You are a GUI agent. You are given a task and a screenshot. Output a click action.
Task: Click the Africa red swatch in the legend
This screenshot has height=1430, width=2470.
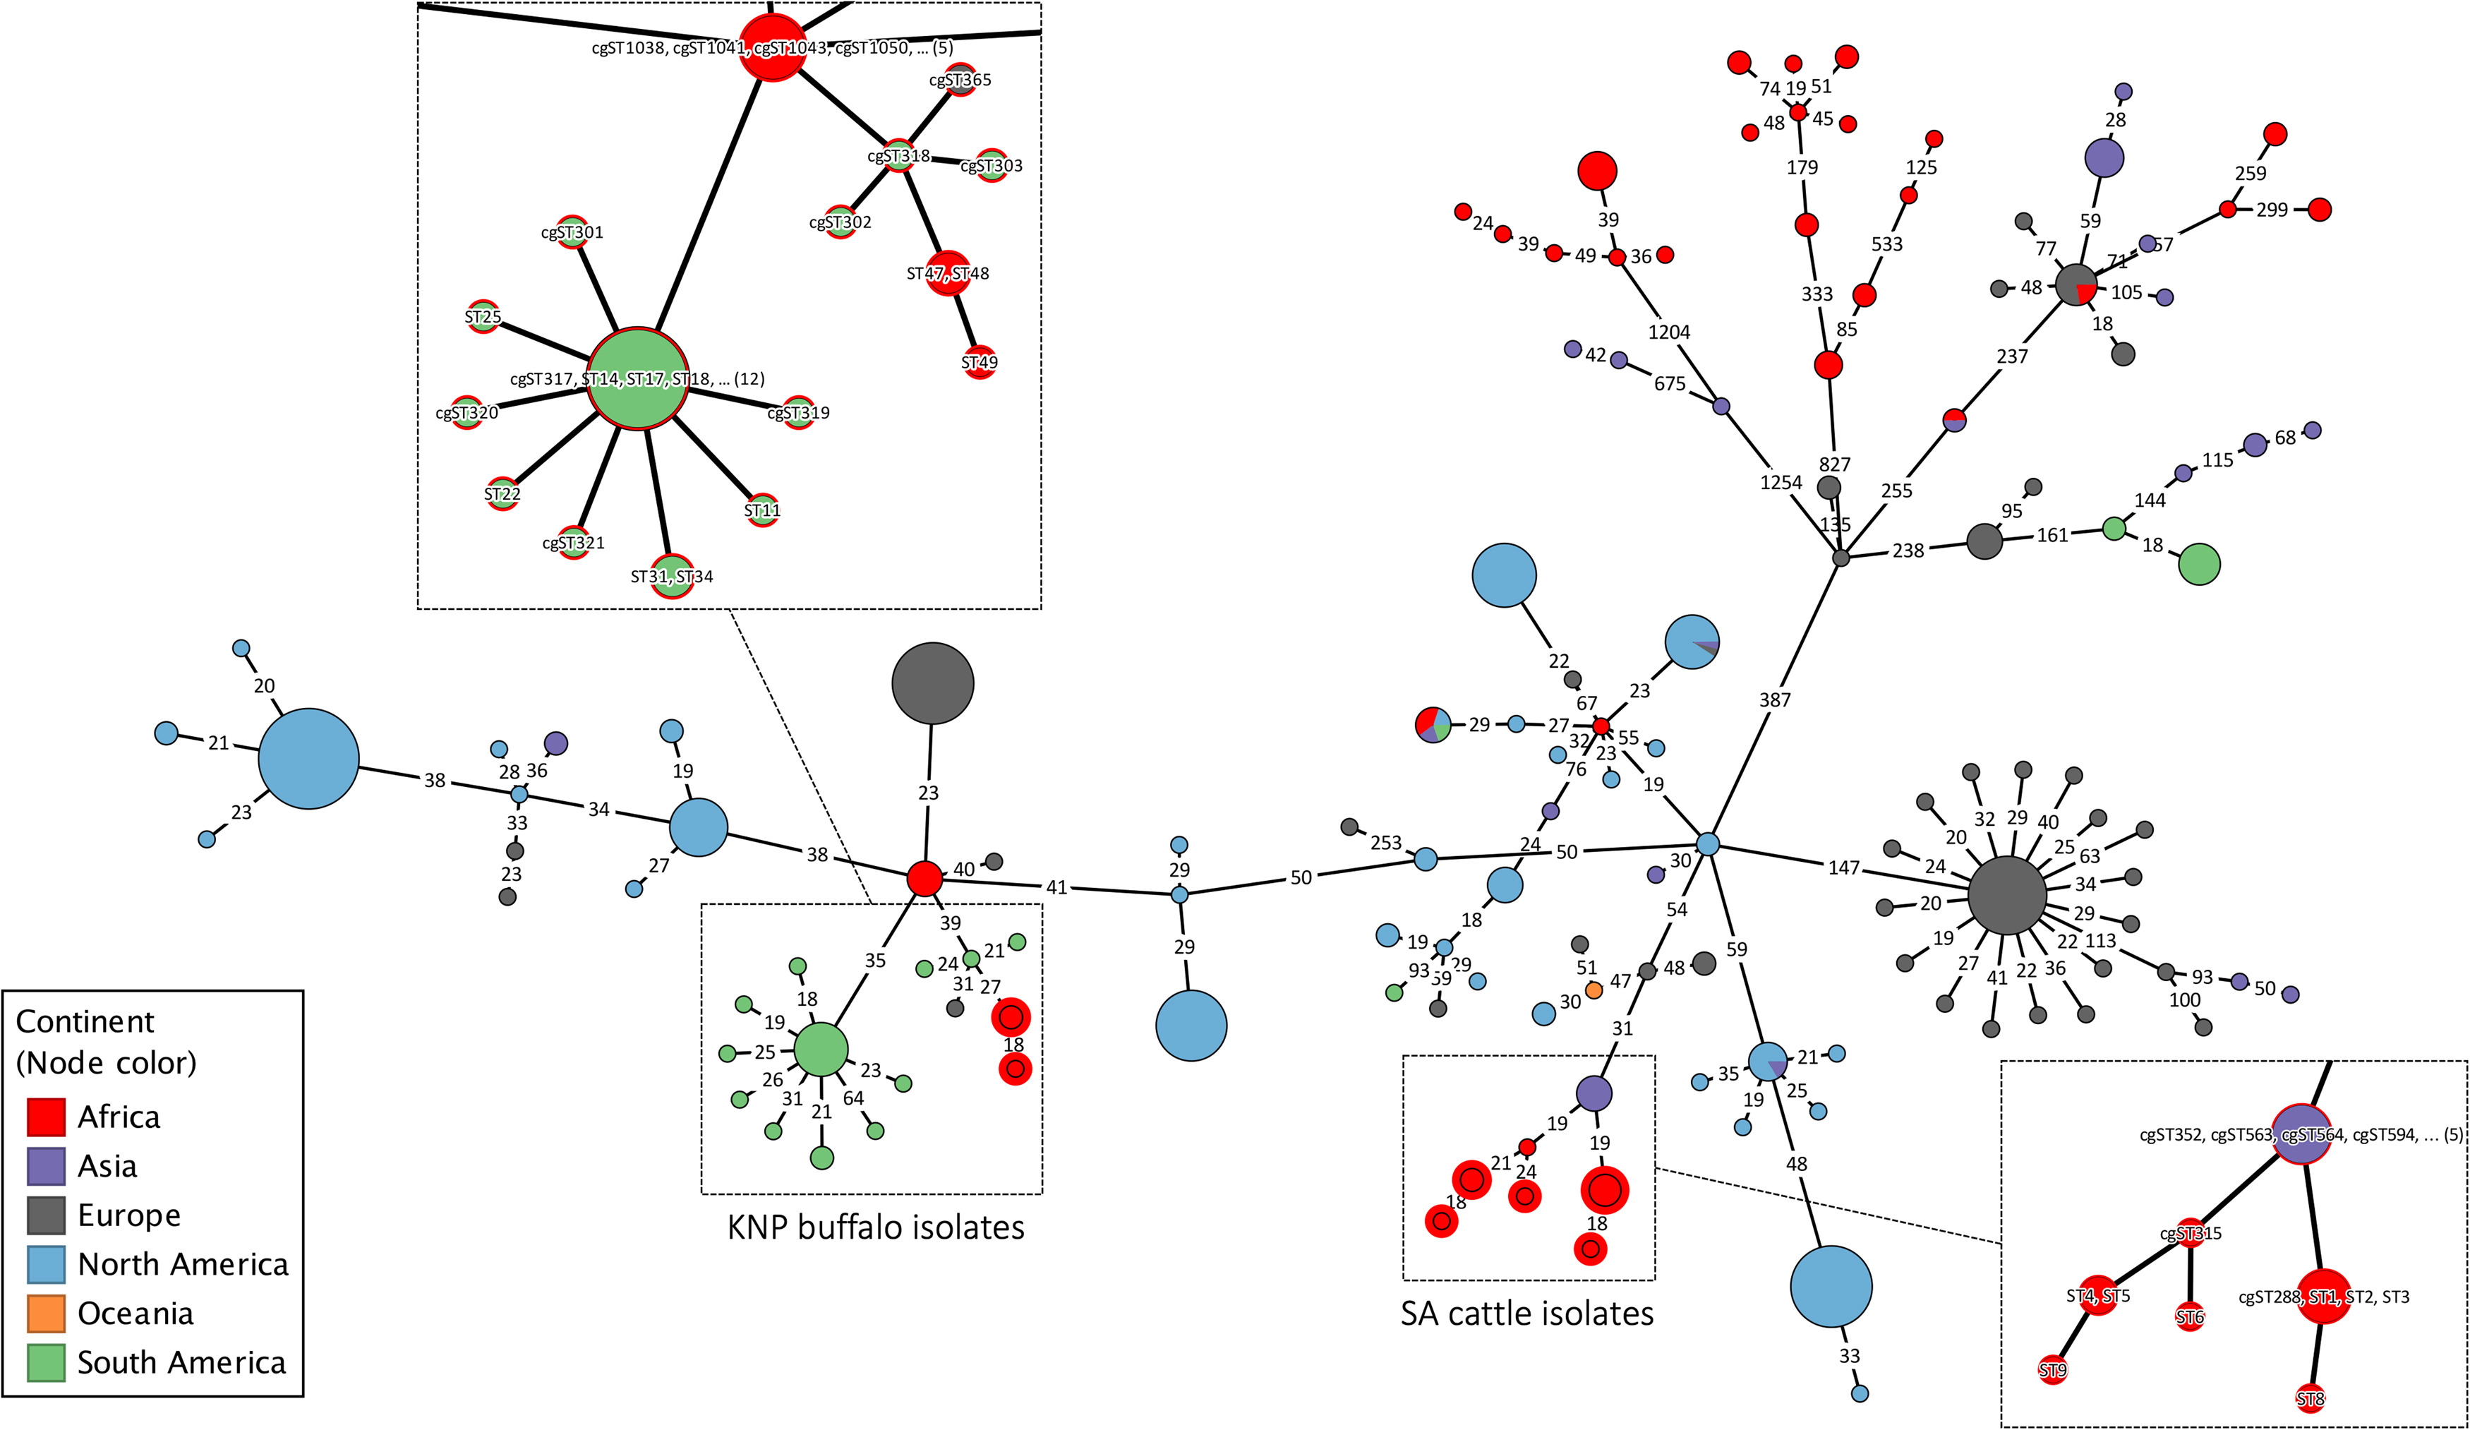[x=46, y=1117]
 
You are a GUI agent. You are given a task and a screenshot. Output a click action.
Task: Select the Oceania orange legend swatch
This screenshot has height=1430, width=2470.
[x=46, y=1314]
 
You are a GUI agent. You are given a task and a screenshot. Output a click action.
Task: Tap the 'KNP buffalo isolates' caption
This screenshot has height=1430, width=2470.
[x=875, y=1227]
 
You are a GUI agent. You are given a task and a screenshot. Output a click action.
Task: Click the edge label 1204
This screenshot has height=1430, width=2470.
[x=1668, y=332]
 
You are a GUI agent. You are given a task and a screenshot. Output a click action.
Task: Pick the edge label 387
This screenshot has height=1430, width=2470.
[x=1774, y=699]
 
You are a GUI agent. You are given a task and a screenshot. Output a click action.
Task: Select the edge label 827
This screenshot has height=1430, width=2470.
[x=1834, y=464]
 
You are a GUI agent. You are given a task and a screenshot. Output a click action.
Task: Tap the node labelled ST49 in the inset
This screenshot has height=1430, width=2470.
[x=980, y=361]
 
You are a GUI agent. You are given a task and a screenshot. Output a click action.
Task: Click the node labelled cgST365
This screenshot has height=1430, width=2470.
[x=960, y=79]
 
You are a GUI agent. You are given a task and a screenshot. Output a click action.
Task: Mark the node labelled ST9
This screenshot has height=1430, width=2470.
[x=2052, y=1370]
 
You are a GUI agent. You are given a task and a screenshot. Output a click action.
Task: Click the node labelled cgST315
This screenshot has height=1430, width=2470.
[x=2191, y=1234]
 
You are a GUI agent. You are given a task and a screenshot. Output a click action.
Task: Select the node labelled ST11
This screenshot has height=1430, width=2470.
[x=761, y=510]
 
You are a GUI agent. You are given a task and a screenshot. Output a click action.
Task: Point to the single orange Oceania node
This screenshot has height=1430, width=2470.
[x=1594, y=990]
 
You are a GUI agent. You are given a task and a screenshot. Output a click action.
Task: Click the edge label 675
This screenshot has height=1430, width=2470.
[x=1669, y=383]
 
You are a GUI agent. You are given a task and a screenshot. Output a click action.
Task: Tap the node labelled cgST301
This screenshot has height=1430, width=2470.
[x=572, y=232]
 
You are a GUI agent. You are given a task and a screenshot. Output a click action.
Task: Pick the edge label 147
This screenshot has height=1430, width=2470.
[x=1843, y=867]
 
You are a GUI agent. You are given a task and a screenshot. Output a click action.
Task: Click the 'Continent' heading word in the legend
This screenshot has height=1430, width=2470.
[x=85, y=1021]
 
